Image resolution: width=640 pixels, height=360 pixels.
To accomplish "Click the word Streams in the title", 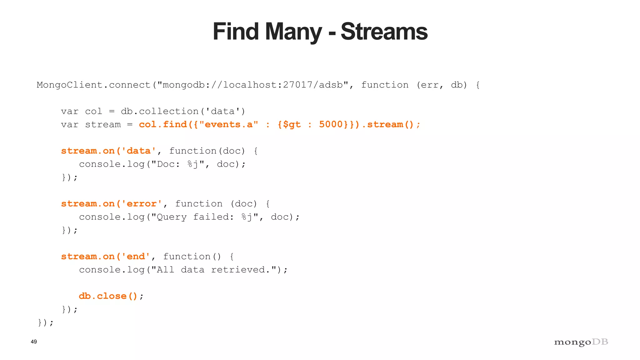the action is pos(384,32).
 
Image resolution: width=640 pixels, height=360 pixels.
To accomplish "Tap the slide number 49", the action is pos(34,342).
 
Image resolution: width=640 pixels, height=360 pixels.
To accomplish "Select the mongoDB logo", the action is pos(581,342).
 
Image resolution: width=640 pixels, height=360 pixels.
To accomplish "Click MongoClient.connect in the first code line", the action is pos(93,85).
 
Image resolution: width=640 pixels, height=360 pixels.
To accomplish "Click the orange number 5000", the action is pos(331,124).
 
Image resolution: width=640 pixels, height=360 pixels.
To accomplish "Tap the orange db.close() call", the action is pos(108,296).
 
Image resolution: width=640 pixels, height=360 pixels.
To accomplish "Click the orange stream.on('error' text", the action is pos(112,204).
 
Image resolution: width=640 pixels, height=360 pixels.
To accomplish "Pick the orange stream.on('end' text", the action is pos(106,257).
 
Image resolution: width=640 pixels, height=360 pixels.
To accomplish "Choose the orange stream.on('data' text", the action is pos(108,151).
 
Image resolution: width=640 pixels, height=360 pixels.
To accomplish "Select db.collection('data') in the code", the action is pos(183,111).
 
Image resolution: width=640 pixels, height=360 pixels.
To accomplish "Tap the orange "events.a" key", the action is pos(228,124).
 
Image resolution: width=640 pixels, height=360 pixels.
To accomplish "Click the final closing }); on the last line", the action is pos(46,322).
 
